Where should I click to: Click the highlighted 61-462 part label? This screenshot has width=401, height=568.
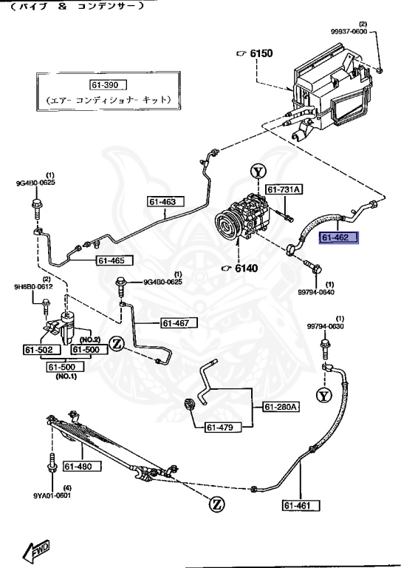point(338,238)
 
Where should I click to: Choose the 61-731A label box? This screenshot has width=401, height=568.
point(284,190)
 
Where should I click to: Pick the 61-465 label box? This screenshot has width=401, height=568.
point(114,260)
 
